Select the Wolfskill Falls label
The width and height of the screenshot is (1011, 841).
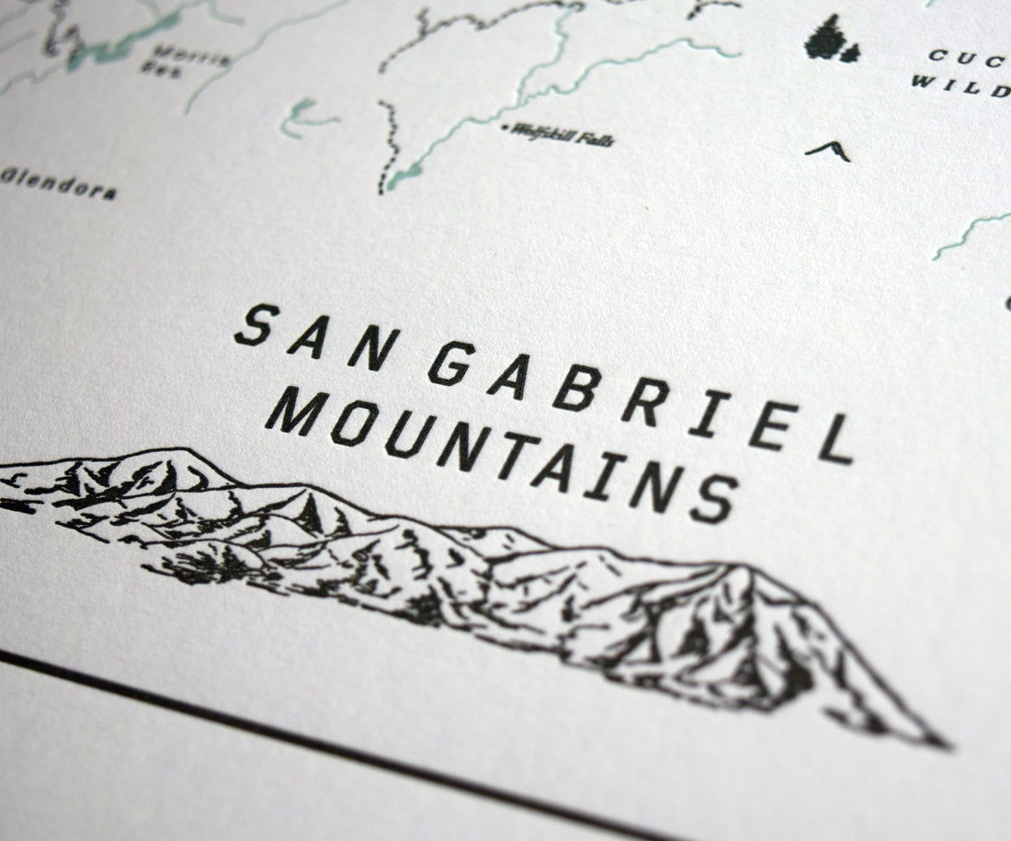pyautogui.click(x=562, y=136)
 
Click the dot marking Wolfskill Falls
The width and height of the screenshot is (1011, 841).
pyautogui.click(x=505, y=128)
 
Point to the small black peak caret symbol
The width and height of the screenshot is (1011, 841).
pyautogui.click(x=828, y=150)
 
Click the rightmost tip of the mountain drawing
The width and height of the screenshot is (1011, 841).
pyautogui.click(x=947, y=743)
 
